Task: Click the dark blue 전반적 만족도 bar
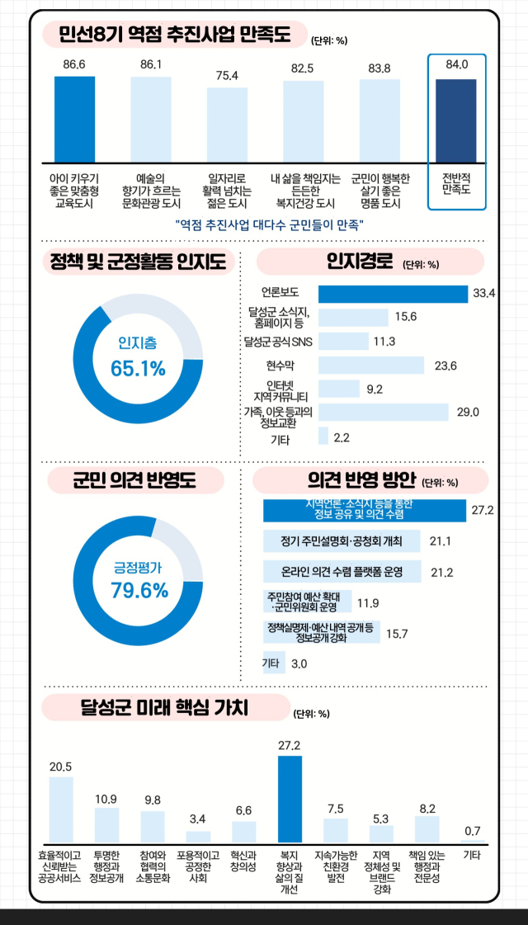(456, 120)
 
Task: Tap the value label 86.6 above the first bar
(74, 64)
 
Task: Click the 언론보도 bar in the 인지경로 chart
(393, 293)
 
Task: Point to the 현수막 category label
(280, 366)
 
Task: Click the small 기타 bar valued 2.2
(323, 437)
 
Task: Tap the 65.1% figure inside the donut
(138, 368)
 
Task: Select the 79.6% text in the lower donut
(138, 590)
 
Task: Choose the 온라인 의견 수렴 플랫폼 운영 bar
(342, 571)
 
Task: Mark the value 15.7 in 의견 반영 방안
(397, 634)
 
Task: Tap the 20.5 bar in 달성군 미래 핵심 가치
(61, 809)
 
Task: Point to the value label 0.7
(473, 829)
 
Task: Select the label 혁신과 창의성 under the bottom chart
(243, 861)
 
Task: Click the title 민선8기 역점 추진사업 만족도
(175, 35)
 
